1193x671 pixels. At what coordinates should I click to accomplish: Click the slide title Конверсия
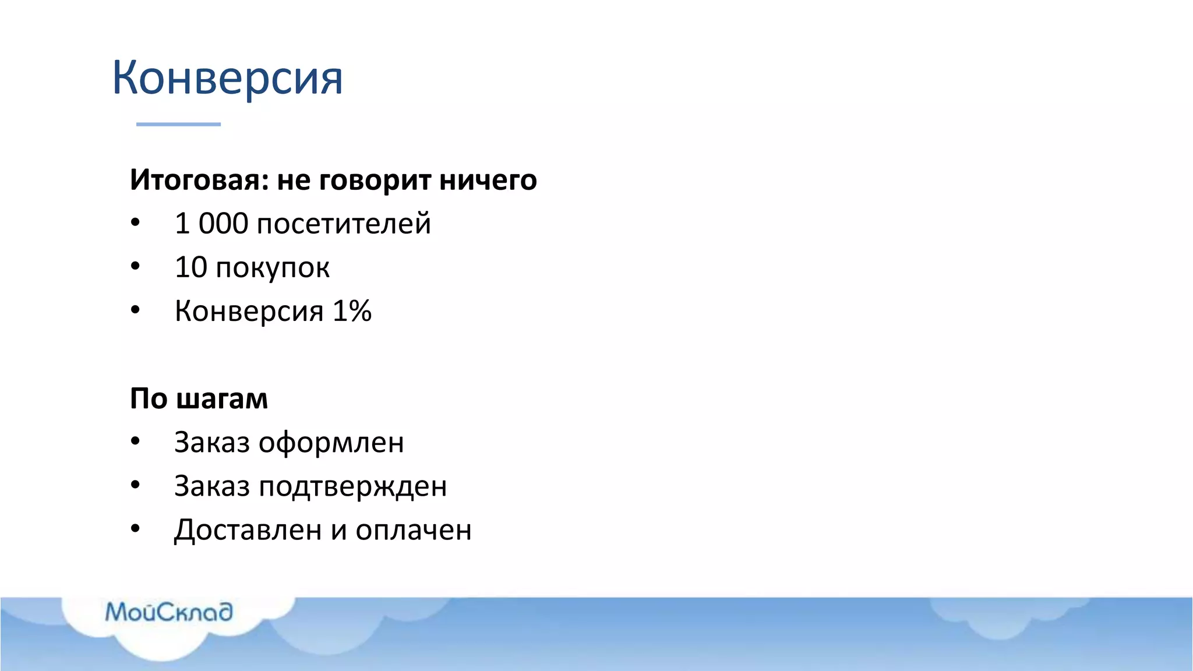(x=227, y=77)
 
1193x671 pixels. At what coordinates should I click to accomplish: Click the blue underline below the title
(x=178, y=124)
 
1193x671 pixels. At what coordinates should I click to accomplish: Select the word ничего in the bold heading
(x=488, y=180)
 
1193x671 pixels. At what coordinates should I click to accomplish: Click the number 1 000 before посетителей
(x=211, y=224)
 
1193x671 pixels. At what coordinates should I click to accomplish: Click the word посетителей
(x=344, y=224)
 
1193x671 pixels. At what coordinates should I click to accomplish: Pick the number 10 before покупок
(x=190, y=267)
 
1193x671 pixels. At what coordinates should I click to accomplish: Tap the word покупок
(x=273, y=268)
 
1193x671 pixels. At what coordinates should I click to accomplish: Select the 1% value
(x=352, y=311)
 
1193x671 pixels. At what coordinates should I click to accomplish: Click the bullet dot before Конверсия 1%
(x=135, y=310)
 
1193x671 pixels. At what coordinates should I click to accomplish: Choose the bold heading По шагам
(x=199, y=399)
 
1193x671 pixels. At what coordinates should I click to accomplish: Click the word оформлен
(x=331, y=443)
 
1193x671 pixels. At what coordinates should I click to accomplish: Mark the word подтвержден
(x=352, y=487)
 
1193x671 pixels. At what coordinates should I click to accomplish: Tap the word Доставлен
(x=248, y=530)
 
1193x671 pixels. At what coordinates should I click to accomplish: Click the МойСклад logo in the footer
(x=169, y=612)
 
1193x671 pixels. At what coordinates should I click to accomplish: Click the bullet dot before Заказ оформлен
(x=135, y=442)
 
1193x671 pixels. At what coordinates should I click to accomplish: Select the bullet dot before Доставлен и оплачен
(x=135, y=529)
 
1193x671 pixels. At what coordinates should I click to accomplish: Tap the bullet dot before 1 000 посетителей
(x=135, y=223)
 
